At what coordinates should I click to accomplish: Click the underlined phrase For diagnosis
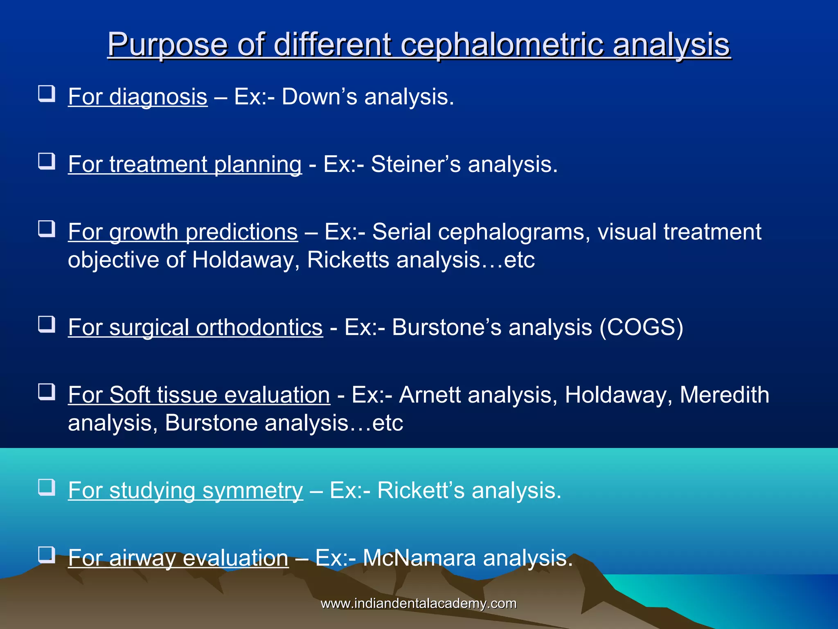coord(137,97)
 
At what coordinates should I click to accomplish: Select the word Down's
coord(313,97)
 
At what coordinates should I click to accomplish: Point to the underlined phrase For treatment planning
coord(185,164)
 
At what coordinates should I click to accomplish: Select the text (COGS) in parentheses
coord(641,328)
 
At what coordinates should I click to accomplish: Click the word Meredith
coord(724,395)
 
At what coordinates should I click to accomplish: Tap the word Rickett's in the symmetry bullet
coord(421,491)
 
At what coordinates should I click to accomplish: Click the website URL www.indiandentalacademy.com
coord(419,604)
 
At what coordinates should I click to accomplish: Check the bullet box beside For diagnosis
coord(47,94)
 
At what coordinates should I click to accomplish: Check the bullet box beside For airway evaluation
coord(47,555)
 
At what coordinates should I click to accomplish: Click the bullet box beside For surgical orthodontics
coord(47,324)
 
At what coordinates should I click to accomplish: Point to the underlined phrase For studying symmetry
coord(185,491)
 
